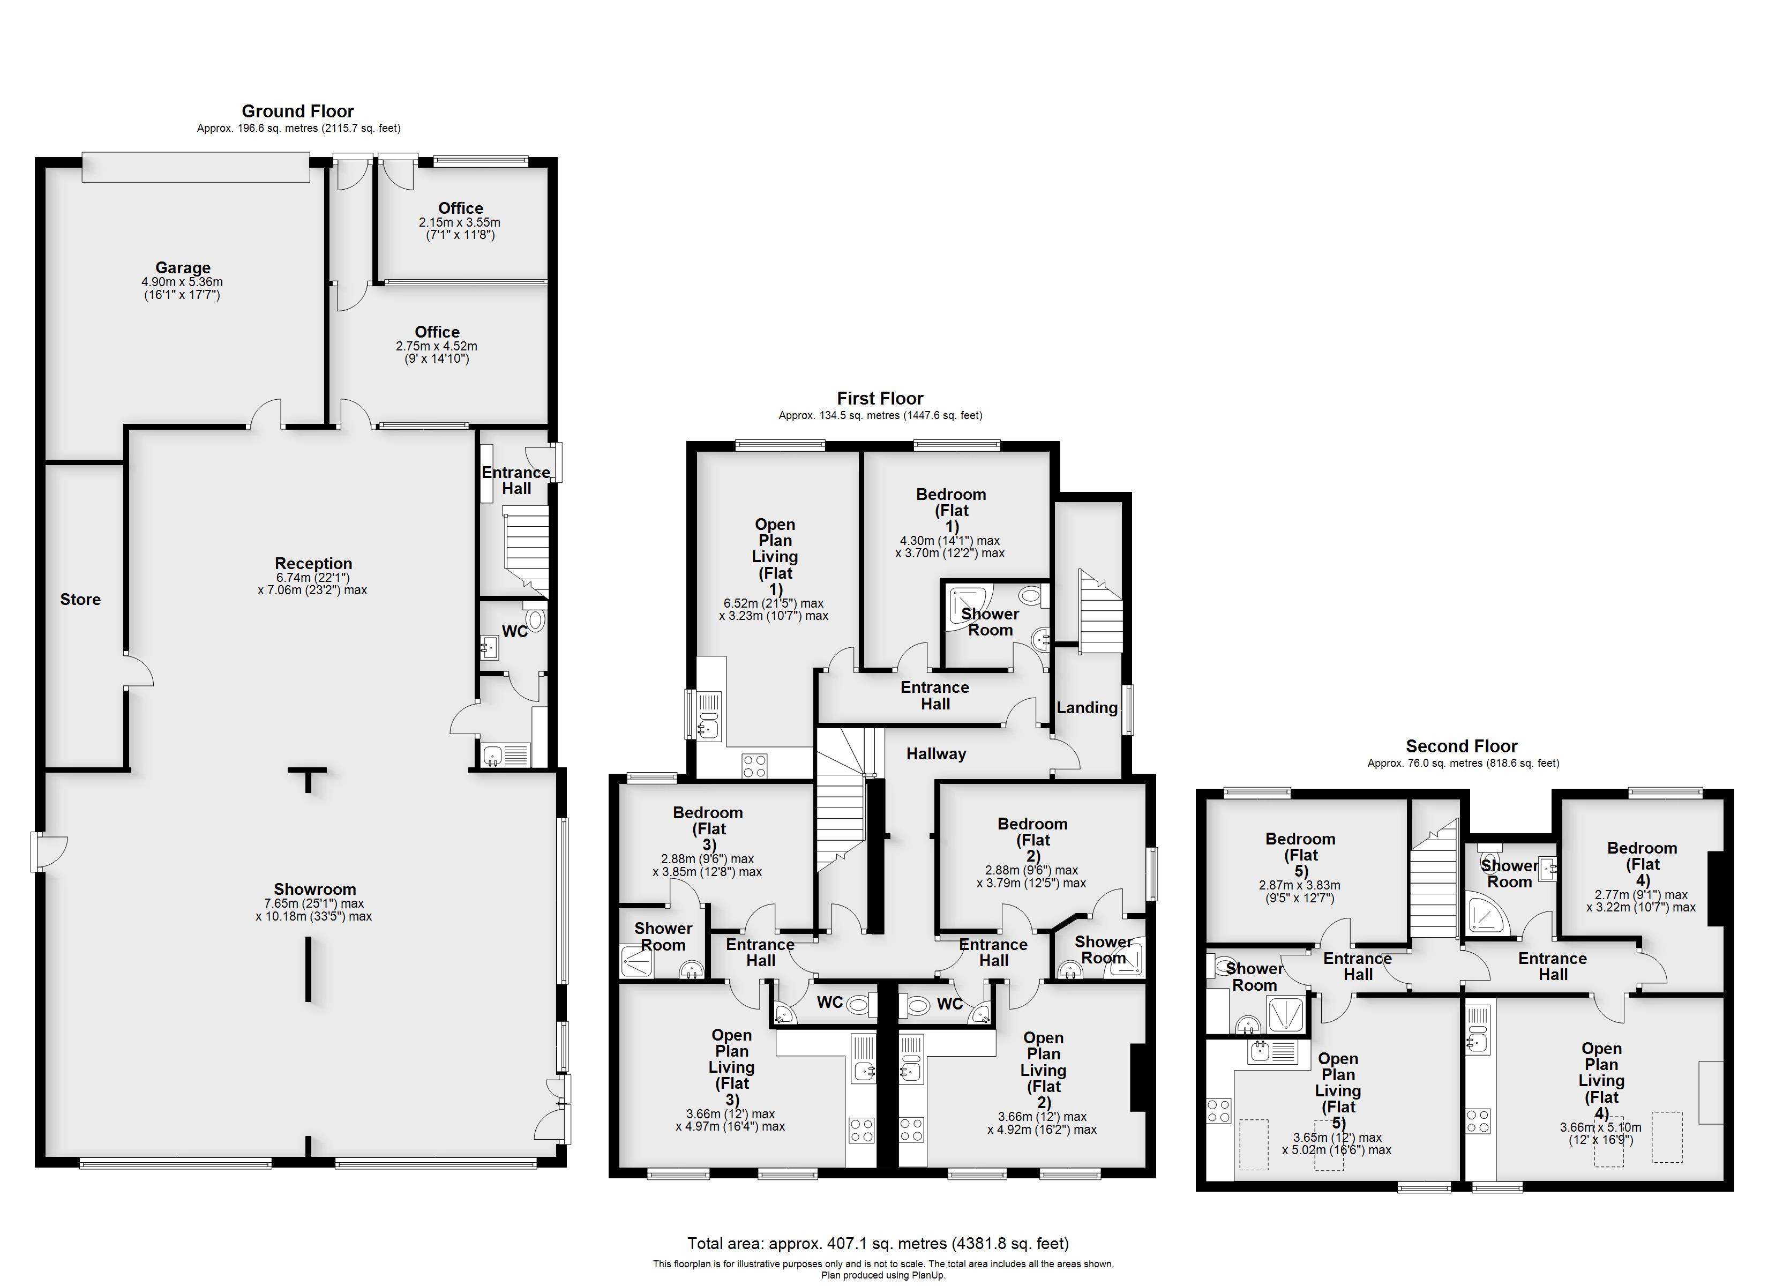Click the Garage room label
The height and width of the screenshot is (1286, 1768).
182,267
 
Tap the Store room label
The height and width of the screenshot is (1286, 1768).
80,599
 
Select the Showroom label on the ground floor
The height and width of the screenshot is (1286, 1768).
315,889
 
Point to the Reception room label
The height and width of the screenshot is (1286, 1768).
313,563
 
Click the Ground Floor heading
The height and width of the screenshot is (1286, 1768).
298,111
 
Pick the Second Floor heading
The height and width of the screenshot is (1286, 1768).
1462,745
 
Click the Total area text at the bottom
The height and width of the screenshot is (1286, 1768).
878,1243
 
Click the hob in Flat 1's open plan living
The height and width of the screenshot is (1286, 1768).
754,765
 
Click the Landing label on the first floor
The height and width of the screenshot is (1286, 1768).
1087,707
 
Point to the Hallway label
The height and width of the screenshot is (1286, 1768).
936,753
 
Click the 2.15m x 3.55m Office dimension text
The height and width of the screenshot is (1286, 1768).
460,222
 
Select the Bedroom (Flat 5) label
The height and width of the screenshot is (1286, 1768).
1300,855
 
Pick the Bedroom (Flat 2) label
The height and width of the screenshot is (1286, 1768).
1033,840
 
